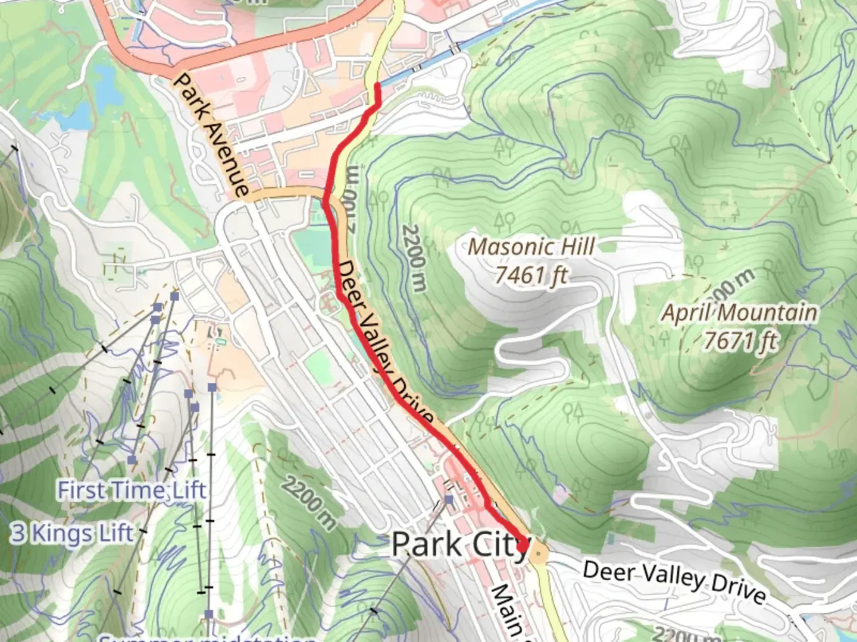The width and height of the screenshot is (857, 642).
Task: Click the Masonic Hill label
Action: tap(531, 247)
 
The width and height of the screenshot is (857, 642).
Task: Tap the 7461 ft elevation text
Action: tap(531, 275)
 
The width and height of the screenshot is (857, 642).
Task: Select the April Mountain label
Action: tap(740, 313)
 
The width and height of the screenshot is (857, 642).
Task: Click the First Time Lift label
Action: tap(132, 490)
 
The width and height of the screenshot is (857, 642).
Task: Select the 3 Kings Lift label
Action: tap(72, 533)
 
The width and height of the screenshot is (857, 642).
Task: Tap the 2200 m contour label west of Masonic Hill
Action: tap(414, 257)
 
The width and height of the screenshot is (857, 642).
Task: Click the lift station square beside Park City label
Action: tap(449, 501)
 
